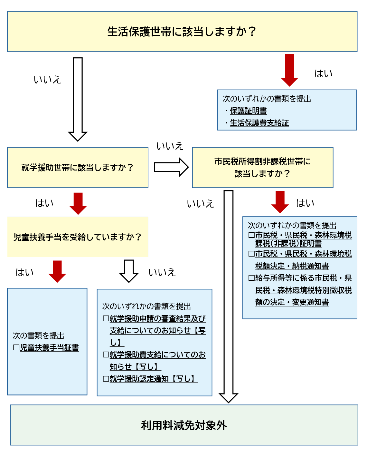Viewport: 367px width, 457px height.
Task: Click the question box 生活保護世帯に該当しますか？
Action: click(x=182, y=32)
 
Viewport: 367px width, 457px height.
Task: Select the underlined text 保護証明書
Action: click(x=248, y=111)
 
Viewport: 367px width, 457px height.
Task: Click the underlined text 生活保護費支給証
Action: click(x=259, y=123)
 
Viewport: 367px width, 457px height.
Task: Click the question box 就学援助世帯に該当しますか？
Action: click(x=78, y=168)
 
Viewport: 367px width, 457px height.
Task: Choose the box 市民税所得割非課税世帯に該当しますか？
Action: click(x=262, y=168)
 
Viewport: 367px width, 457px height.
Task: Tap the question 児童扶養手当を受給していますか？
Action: click(x=78, y=237)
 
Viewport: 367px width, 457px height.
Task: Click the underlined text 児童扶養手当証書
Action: click(x=49, y=348)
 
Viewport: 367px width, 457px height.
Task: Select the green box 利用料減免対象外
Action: click(x=184, y=425)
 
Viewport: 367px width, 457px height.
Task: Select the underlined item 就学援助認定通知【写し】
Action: click(x=154, y=379)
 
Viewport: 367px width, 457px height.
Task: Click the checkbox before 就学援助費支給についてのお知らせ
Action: click(x=106, y=355)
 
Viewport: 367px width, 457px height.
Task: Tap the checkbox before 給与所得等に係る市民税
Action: click(x=251, y=278)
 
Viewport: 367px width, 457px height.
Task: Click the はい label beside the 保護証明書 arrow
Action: click(x=323, y=73)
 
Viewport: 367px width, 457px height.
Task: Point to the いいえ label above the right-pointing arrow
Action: click(x=170, y=146)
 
